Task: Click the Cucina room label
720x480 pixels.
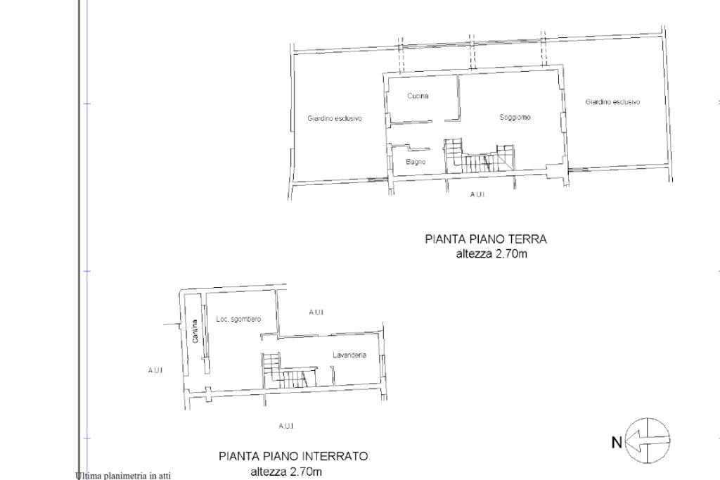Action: (418, 96)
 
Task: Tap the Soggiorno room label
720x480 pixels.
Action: (515, 118)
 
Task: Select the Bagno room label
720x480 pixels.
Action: (416, 162)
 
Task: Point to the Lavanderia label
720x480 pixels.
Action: (349, 355)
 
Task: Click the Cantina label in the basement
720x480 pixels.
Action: (195, 331)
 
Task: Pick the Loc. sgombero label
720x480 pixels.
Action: (238, 319)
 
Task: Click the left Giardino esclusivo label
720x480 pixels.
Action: (335, 118)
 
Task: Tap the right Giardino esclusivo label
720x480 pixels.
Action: (612, 101)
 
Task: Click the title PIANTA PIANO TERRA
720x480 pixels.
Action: (486, 239)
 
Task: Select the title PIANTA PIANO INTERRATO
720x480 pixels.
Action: (293, 456)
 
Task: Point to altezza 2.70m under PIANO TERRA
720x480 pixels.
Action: (491, 254)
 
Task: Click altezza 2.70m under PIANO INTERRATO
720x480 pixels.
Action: (286, 472)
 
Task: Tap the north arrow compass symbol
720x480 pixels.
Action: (648, 441)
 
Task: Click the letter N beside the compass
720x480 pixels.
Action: (617, 442)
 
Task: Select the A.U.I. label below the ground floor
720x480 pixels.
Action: (477, 194)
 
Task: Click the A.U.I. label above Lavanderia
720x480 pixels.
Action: (316, 312)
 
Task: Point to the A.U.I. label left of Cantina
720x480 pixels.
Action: (155, 370)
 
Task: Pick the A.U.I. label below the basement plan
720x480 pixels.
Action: (286, 426)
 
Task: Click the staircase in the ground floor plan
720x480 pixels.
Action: (479, 158)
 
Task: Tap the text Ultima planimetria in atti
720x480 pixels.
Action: (123, 476)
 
